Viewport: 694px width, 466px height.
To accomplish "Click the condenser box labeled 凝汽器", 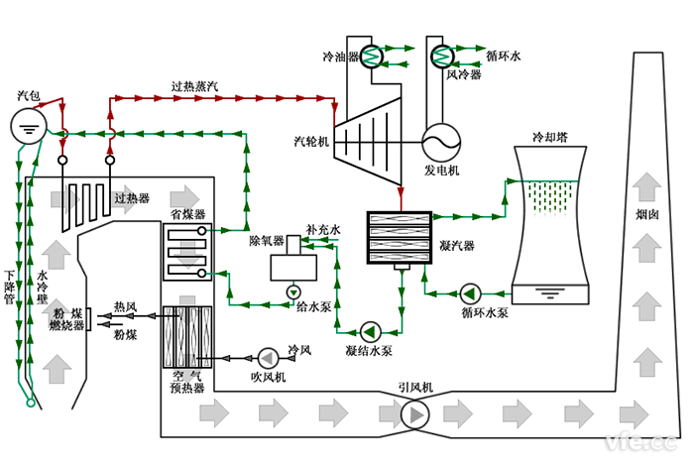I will [x=400, y=236].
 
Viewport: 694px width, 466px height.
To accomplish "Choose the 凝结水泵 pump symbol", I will [x=371, y=331].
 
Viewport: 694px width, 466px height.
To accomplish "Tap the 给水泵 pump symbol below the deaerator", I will [x=293, y=292].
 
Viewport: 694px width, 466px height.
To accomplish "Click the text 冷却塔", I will [x=552, y=136].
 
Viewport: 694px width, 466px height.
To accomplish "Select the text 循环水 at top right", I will [x=504, y=58].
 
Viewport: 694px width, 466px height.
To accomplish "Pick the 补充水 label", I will [x=322, y=229].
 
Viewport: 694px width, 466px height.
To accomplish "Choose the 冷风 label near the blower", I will [x=299, y=350].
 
